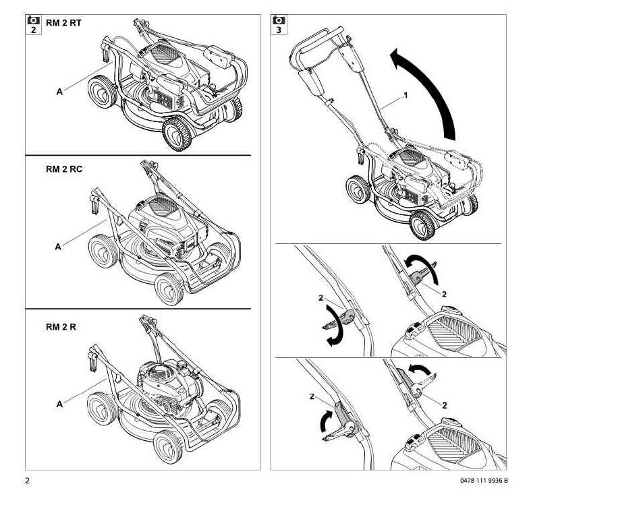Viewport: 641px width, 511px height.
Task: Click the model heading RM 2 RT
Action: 63,23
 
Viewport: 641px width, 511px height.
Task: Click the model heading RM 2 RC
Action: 64,169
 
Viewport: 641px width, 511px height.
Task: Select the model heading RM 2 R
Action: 61,327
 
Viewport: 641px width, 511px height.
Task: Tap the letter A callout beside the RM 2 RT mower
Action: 59,92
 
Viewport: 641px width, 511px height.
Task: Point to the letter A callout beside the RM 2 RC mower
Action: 58,247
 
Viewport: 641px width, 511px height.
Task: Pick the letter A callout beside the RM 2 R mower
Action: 59,404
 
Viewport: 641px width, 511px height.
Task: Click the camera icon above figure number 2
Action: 34,20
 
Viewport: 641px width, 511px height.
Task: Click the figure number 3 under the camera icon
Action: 279,30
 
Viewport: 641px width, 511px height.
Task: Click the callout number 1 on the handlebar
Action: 406,95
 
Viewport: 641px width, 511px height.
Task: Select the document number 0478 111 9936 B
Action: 484,481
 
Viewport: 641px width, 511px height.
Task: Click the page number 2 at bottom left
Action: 28,481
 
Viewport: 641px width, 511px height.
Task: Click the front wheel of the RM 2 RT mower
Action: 177,133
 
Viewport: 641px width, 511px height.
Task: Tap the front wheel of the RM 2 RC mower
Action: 169,289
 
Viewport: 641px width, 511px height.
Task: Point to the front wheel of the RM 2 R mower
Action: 167,446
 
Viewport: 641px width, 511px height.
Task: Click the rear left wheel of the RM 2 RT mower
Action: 102,92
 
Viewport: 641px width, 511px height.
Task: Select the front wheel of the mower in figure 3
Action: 422,225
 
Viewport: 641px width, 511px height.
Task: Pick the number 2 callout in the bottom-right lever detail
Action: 445,405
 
